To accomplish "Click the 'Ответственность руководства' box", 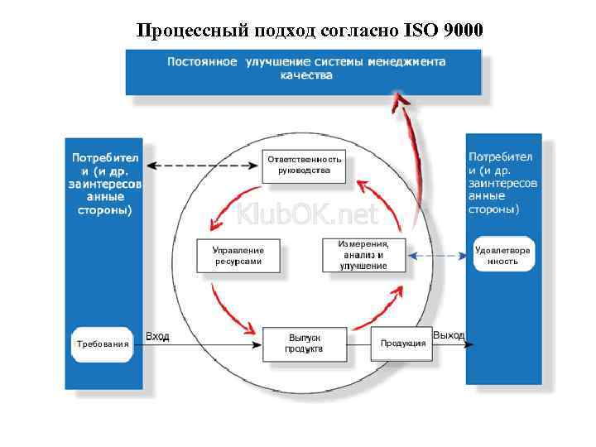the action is coord(304,165).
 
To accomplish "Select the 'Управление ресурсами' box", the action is coord(238,255).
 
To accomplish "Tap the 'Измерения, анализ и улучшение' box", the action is coord(363,255).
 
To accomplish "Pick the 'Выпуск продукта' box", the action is coord(304,344).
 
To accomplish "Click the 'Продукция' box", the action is coord(403,343).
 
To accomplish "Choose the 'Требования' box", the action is coord(103,344).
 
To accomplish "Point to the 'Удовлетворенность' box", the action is coord(503,255).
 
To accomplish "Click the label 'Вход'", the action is coord(157,336).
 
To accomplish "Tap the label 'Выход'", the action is coord(449,335).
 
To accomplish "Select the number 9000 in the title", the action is coord(465,31).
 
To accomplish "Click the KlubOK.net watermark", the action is coord(306,215).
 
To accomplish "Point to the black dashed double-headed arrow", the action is coord(202,165).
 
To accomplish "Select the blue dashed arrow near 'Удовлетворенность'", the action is coord(440,257).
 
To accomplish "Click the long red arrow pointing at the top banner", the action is coord(411,149).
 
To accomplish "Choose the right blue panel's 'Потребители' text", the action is coord(502,183).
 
